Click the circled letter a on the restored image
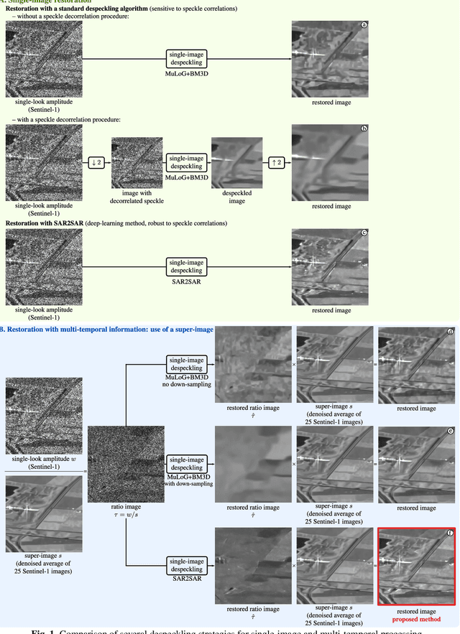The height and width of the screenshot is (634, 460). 364,25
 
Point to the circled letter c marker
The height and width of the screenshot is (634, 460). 364,233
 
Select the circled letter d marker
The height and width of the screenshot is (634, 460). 450,331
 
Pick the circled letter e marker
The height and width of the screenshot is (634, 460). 450,432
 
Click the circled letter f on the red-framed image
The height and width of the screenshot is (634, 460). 450,533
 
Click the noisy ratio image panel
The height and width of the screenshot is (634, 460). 126,463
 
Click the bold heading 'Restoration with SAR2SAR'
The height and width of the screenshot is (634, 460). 45,224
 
